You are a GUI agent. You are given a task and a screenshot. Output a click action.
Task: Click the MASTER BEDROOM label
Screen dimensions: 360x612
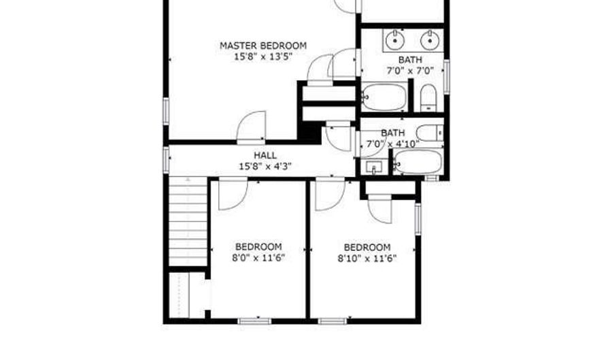262,46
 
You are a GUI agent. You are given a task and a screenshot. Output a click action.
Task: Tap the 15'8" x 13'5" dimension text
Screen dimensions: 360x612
262,57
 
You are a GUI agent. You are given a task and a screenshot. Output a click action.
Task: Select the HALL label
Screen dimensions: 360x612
265,155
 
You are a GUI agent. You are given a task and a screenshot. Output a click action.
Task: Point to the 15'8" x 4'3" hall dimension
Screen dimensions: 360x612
265,166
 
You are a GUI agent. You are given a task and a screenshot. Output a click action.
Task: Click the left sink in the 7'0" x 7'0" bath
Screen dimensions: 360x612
394,41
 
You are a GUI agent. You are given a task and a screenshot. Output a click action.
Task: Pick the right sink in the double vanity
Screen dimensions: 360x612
429,41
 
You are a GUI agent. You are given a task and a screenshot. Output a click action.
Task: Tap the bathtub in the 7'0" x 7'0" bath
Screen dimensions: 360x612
384,97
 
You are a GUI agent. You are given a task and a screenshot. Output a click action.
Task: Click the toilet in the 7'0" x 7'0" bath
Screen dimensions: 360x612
428,98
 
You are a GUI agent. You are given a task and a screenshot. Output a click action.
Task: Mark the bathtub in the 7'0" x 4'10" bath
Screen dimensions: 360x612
418,163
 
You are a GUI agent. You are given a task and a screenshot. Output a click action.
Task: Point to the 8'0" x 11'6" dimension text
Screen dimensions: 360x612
258,258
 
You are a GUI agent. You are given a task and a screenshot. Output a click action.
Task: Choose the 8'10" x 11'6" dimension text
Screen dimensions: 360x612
367,258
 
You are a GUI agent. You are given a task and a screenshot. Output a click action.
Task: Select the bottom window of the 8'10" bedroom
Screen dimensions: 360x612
330,321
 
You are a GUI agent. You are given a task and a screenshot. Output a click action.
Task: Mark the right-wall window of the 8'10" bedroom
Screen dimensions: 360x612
418,219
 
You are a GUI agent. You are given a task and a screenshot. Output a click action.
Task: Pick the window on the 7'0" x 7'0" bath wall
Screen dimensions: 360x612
446,75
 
